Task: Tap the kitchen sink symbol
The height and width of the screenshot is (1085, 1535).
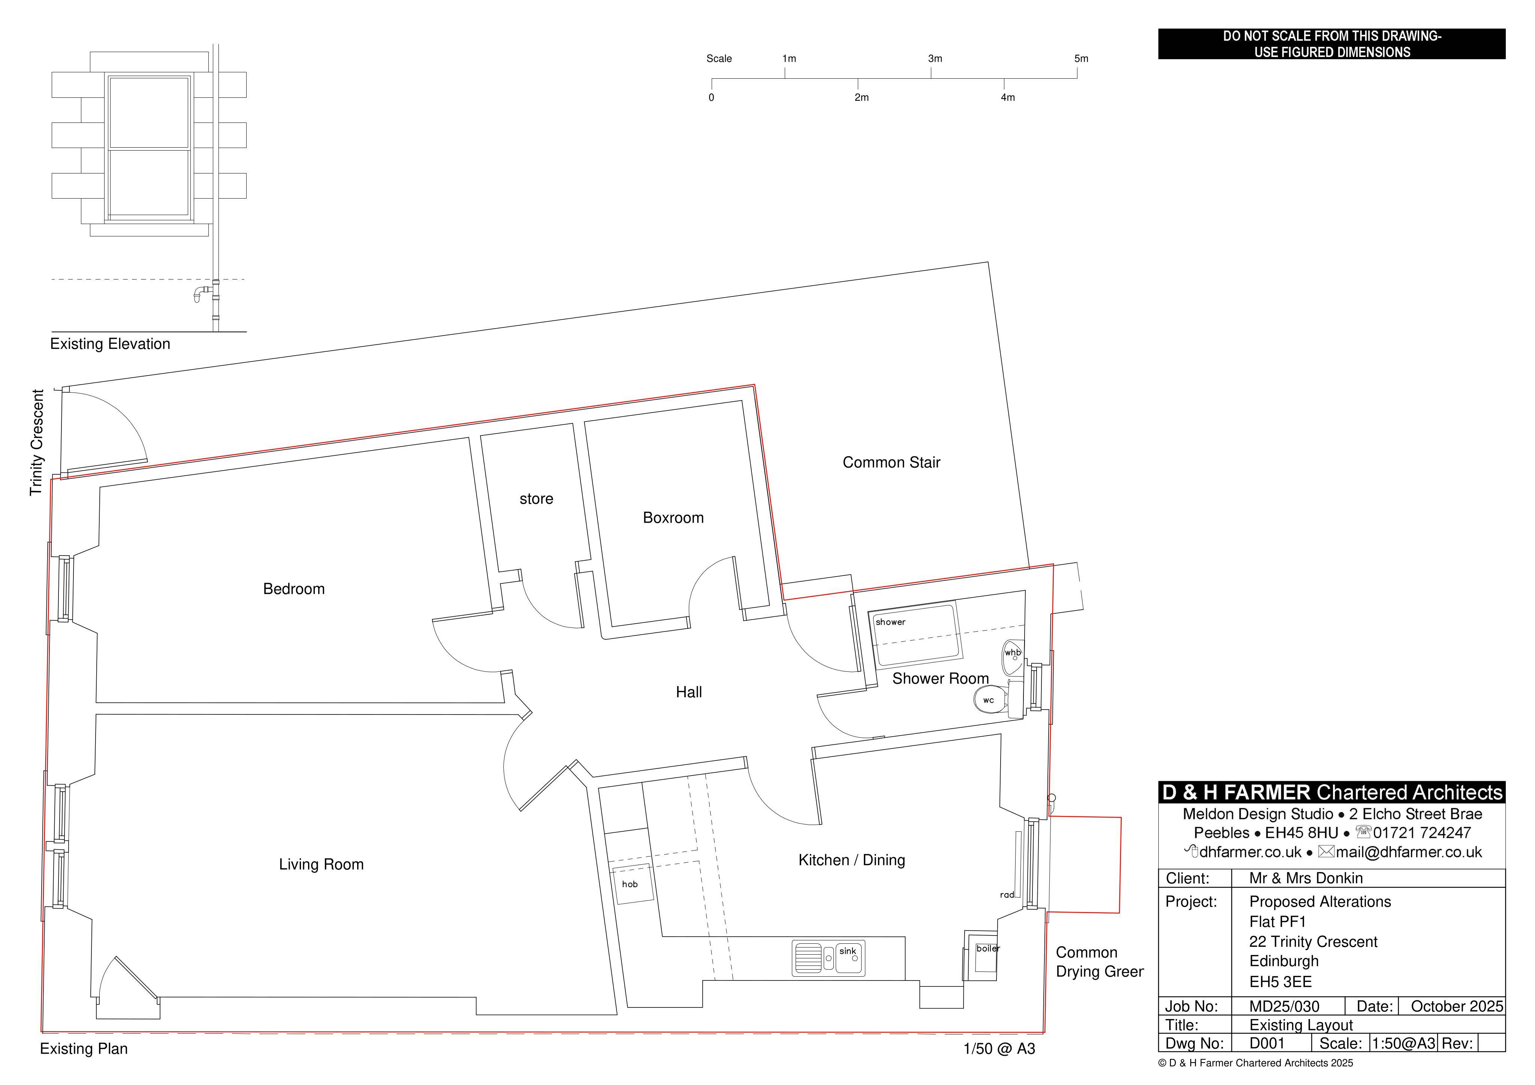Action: [x=828, y=958]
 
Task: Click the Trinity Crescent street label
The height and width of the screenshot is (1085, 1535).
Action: [x=37, y=442]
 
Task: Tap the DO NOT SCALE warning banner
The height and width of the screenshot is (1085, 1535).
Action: [x=1332, y=44]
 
